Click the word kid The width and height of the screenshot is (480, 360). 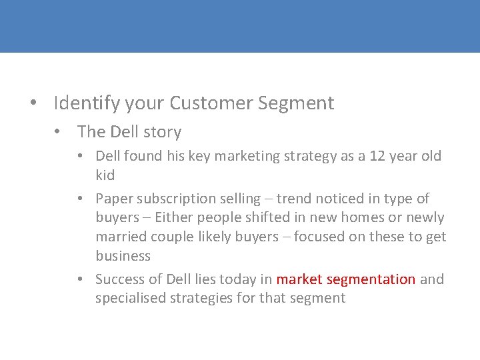[x=105, y=175]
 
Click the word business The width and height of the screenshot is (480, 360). [x=123, y=257]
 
